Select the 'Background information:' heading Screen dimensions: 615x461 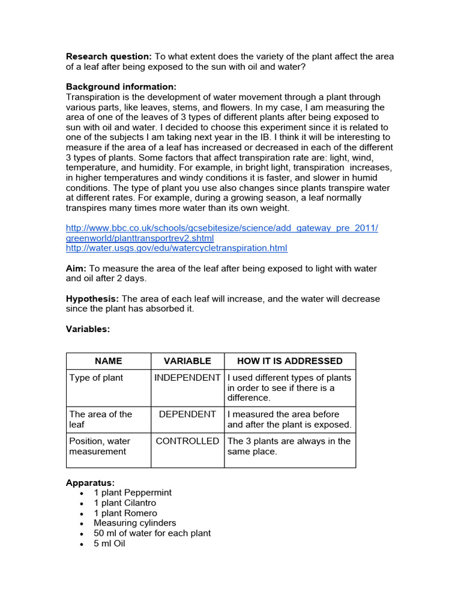click(x=121, y=86)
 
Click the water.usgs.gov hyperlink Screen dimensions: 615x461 click(x=176, y=248)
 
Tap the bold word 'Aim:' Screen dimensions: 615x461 click(x=76, y=268)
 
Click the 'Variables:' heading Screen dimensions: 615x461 click(x=88, y=329)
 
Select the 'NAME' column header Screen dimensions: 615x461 click(x=108, y=361)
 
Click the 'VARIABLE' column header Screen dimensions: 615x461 click(x=187, y=361)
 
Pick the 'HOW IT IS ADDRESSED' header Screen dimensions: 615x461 click(x=290, y=361)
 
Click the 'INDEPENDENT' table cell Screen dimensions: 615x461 click(x=187, y=378)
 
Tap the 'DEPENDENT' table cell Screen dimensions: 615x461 click(x=187, y=414)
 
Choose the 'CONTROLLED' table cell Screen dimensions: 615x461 click(x=187, y=441)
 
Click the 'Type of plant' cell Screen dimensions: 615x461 click(x=96, y=378)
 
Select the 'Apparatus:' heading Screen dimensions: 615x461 click(x=90, y=482)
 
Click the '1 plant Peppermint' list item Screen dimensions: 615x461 click(x=133, y=492)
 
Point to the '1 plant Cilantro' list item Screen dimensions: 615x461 click(x=125, y=503)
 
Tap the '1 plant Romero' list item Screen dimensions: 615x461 click(x=125, y=513)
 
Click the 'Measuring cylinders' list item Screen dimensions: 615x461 click(x=135, y=523)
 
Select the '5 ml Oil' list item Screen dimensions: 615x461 click(x=109, y=544)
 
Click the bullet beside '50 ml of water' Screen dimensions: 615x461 click(x=81, y=533)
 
